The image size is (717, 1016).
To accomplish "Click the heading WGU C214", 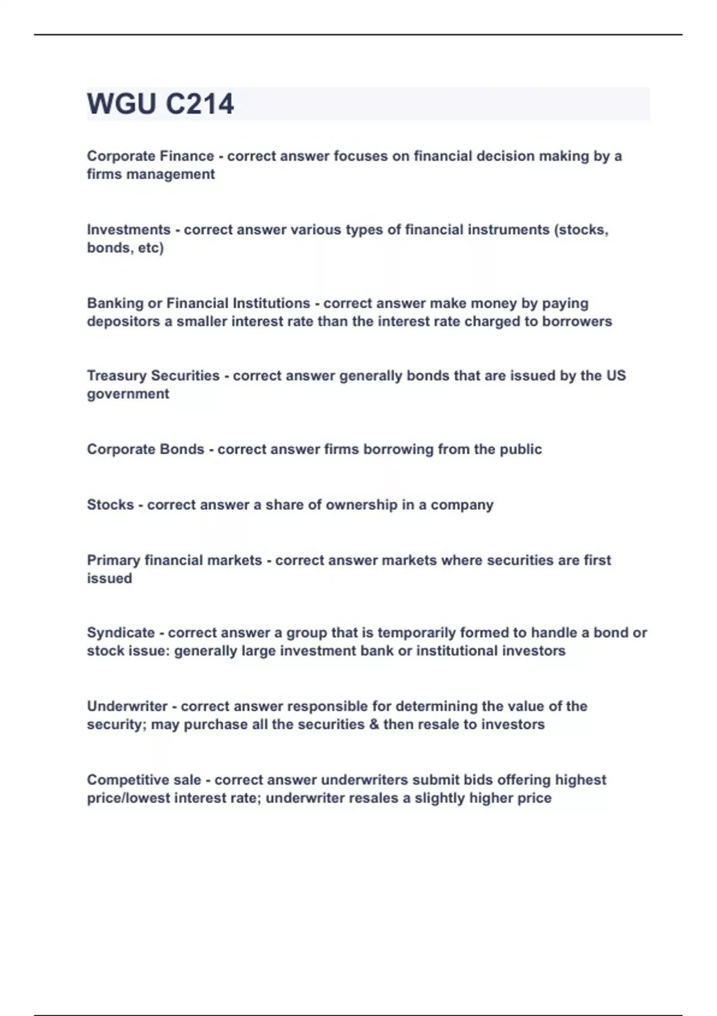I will (160, 104).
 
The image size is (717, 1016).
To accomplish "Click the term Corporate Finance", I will (150, 156).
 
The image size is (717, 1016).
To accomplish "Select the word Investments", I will (128, 229).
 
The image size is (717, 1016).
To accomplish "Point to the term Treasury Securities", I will (153, 375).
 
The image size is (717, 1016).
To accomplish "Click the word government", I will (128, 394).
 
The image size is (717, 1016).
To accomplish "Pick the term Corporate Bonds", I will (145, 449).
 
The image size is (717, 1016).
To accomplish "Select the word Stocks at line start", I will (110, 504).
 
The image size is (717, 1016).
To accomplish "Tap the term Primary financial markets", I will (174, 560).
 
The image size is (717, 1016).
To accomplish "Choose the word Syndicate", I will (121, 632).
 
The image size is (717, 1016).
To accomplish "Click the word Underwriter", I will (127, 706).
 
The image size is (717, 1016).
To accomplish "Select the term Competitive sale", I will (144, 780).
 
